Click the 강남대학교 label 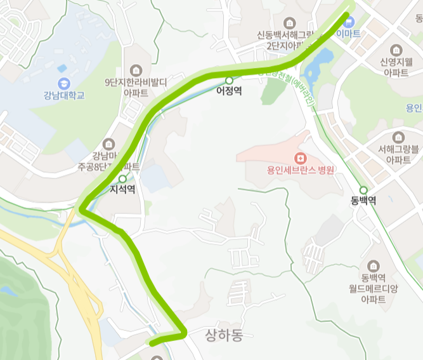click(64, 96)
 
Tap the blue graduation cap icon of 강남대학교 click(64, 83)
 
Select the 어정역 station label click(228, 91)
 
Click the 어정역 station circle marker click(228, 81)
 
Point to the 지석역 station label click(122, 189)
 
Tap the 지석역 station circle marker click(122, 179)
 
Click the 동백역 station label click(363, 201)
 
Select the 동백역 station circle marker click(363, 190)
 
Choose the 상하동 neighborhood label click(224, 335)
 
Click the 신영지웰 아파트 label click(397, 67)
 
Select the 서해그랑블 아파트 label click(398, 155)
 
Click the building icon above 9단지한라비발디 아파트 click(136, 70)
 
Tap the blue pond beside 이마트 click(320, 62)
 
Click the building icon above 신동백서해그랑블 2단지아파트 click(290, 23)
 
